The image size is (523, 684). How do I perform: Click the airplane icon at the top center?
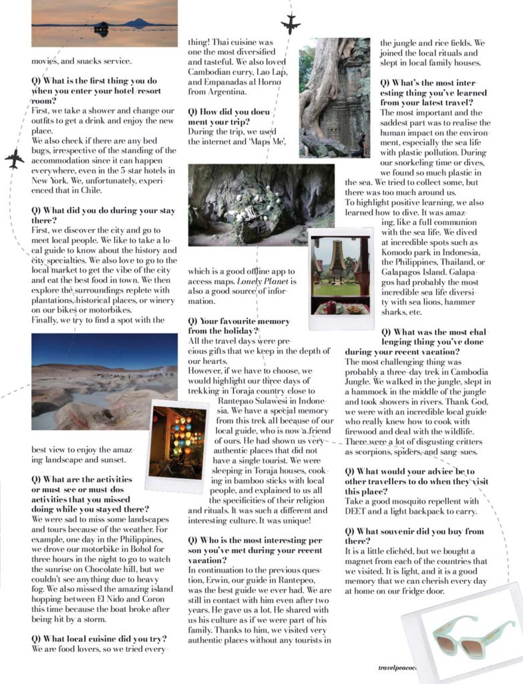(291, 24)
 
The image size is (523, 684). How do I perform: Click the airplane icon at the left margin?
(14, 159)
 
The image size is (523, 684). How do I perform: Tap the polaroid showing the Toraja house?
(341, 277)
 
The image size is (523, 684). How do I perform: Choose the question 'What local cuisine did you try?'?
(99, 638)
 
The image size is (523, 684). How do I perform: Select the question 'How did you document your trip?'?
(227, 117)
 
